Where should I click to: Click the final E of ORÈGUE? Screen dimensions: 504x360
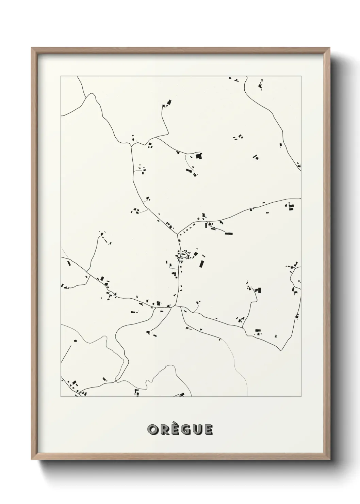coord(208,430)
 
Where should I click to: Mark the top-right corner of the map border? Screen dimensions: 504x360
coord(301,76)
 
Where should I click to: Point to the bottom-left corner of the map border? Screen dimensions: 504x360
coord(61,397)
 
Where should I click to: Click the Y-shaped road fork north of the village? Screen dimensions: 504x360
coord(178,234)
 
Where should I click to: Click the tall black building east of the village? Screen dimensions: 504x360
coord(202,264)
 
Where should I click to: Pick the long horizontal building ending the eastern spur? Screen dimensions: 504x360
coord(229,234)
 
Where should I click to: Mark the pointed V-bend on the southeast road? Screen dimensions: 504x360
coord(280,350)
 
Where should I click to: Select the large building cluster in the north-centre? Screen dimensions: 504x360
coord(198,156)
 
